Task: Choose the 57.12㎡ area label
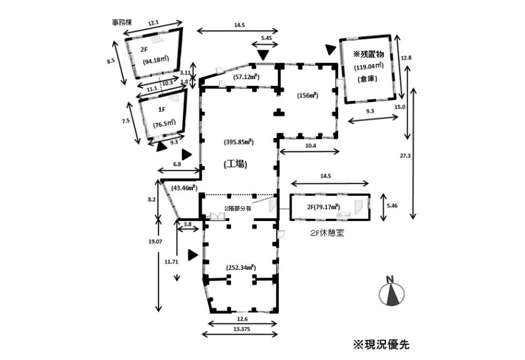click(x=245, y=77)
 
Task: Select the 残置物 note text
click(x=368, y=54)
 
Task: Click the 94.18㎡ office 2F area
click(x=156, y=61)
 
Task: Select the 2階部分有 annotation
click(x=238, y=208)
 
